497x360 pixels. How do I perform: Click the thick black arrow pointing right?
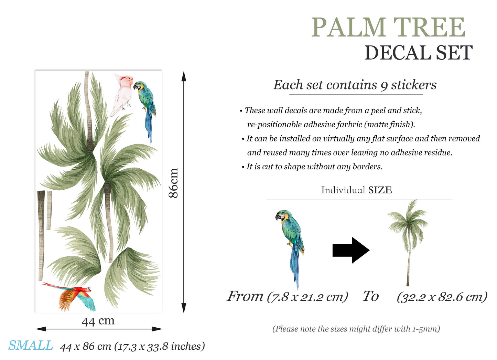(350, 250)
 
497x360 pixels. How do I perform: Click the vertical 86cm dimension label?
(173, 183)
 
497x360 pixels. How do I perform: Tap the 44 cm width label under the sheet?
(98, 321)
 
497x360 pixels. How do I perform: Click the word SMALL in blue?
(31, 346)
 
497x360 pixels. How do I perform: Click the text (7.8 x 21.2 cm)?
(307, 297)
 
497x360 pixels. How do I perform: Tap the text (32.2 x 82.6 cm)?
(442, 297)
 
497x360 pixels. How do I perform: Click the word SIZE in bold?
(380, 190)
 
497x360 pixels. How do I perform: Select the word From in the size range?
(245, 296)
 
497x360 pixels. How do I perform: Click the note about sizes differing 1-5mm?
(356, 329)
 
